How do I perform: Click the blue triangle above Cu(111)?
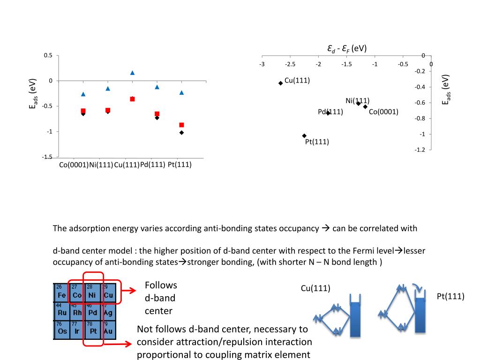click(x=132, y=73)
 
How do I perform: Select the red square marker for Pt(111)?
click(x=181, y=125)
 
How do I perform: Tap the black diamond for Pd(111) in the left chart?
click(x=157, y=118)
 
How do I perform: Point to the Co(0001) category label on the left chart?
click(x=74, y=165)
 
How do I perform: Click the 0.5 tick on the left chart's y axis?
click(x=48, y=56)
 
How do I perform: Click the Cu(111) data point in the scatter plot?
click(x=280, y=83)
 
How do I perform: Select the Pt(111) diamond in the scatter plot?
click(x=304, y=136)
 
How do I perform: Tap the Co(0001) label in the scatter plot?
click(x=383, y=112)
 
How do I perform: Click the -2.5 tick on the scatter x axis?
click(x=290, y=64)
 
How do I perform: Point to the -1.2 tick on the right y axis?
click(x=420, y=150)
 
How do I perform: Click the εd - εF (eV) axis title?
click(x=347, y=48)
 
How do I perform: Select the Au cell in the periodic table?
click(x=107, y=330)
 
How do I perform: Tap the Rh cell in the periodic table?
click(x=76, y=312)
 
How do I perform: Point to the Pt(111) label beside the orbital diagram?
click(x=450, y=296)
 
